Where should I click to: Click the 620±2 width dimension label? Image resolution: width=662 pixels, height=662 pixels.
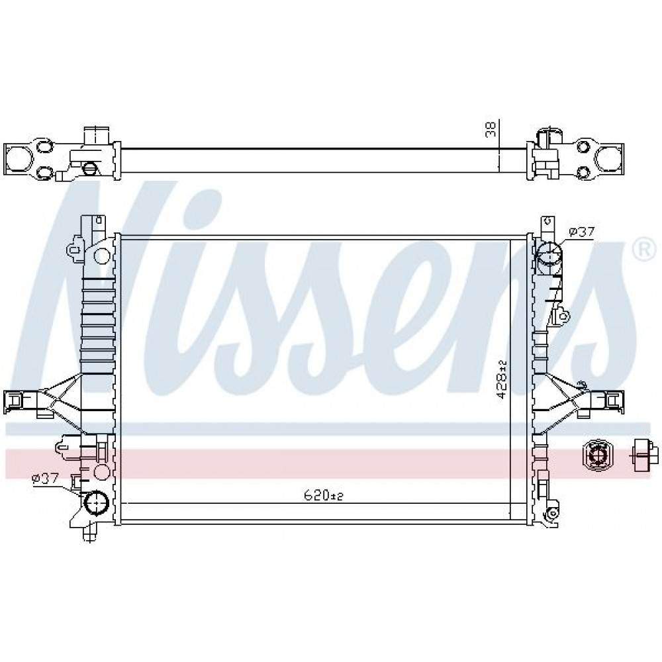click(x=323, y=496)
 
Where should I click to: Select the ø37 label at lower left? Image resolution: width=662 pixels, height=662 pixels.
click(x=45, y=479)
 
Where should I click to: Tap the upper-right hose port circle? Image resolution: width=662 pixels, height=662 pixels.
click(x=549, y=253)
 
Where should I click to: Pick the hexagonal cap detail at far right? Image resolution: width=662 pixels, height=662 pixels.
click(x=597, y=454)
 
